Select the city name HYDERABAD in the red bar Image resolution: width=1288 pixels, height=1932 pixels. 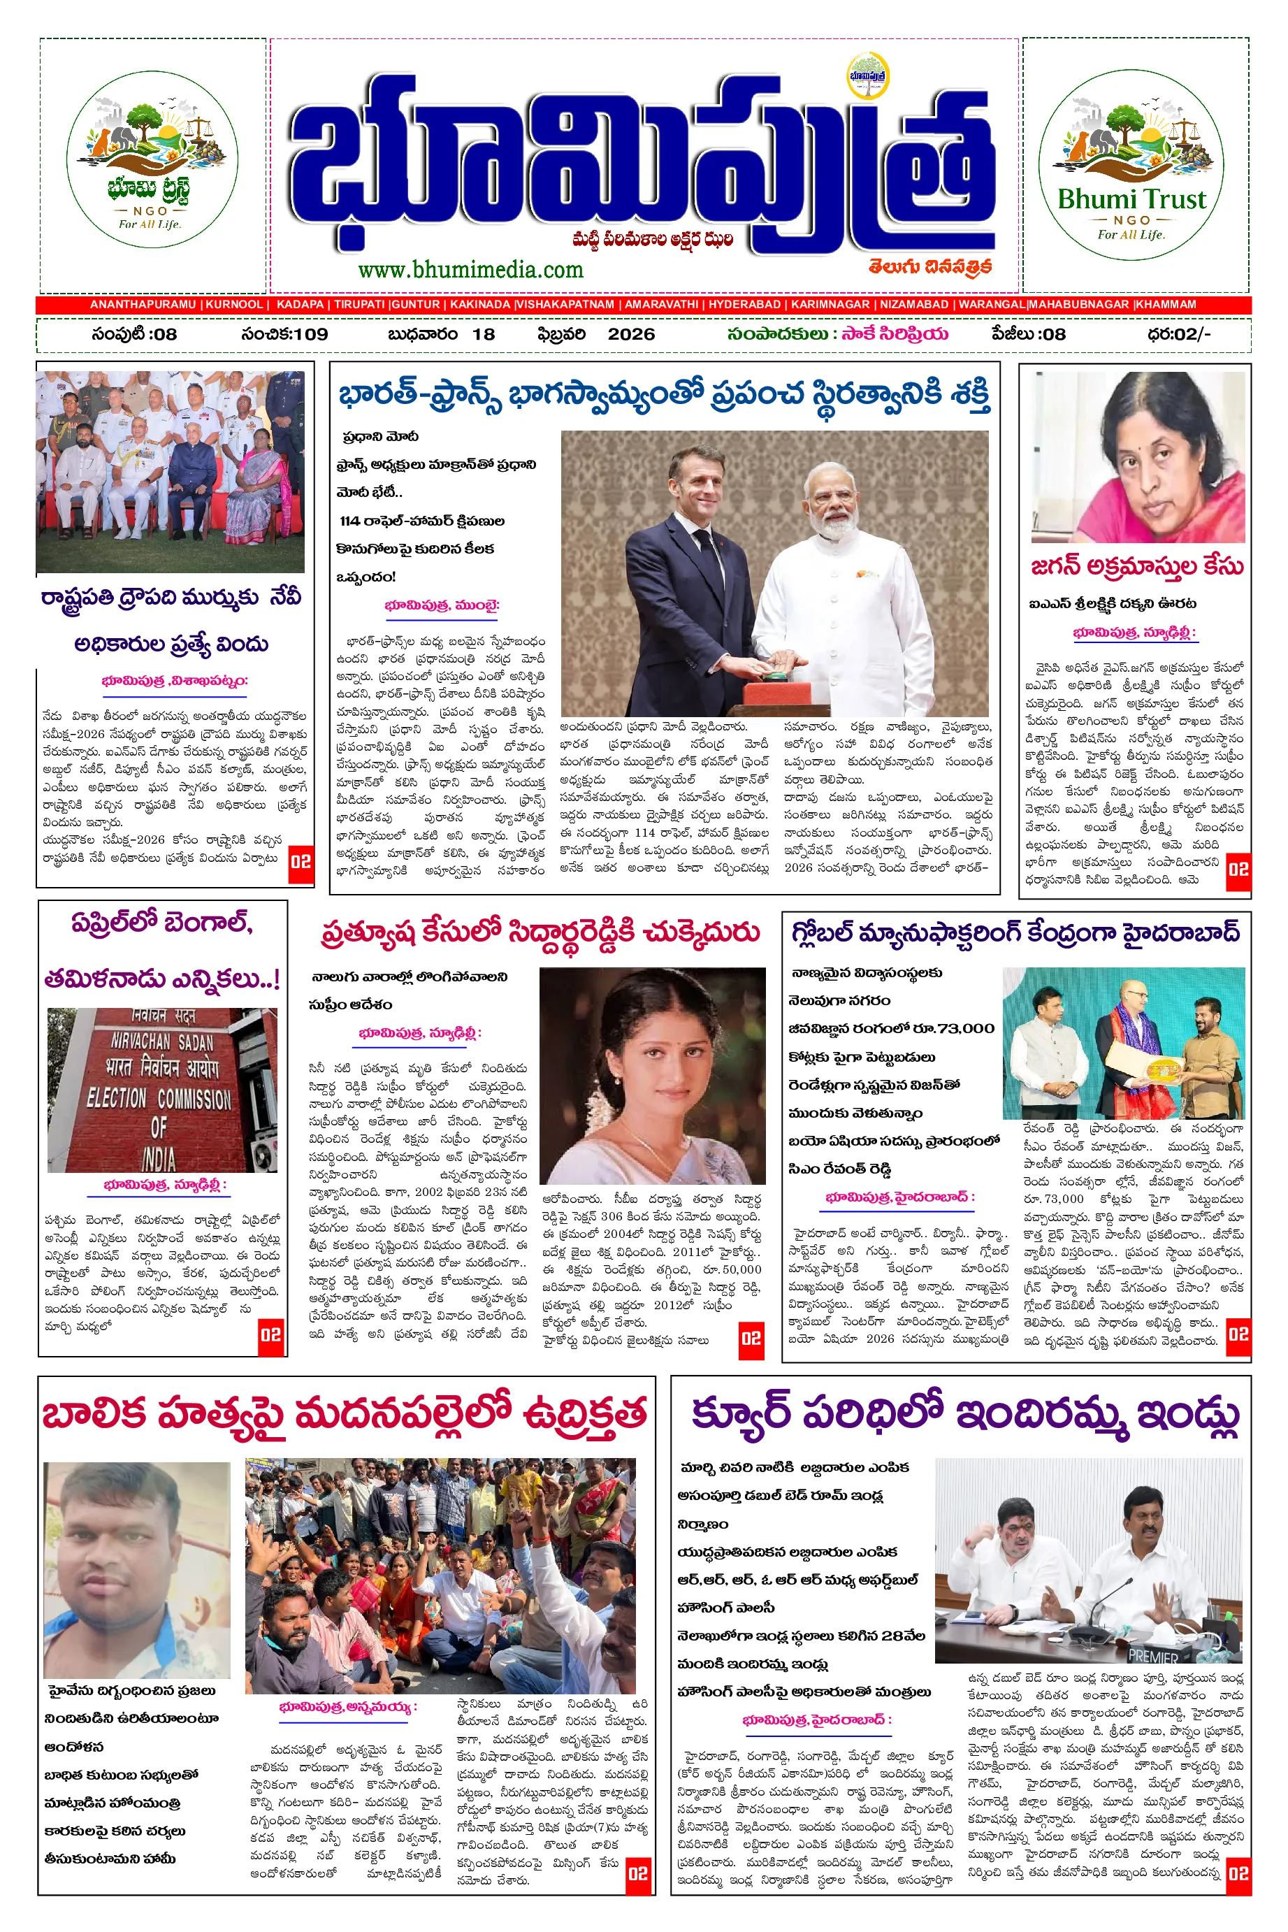(744, 305)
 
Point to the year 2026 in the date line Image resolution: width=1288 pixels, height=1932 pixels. (631, 334)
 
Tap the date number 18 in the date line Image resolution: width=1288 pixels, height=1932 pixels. (484, 334)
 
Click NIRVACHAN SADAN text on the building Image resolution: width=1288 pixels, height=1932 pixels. (162, 1043)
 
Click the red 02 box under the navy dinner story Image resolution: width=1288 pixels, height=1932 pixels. (301, 862)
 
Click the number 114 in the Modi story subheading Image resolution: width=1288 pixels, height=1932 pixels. (350, 521)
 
